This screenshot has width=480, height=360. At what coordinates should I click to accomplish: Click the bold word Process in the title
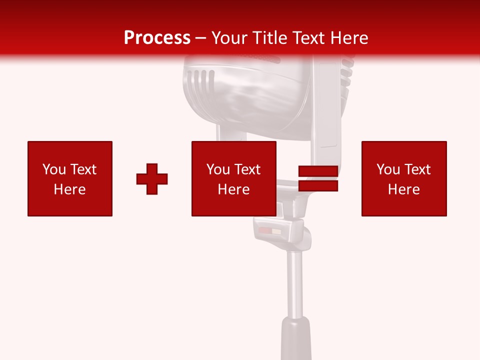coord(157,38)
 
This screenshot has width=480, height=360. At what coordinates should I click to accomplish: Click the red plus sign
coord(152,178)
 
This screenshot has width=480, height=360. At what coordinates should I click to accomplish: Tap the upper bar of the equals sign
coord(318,171)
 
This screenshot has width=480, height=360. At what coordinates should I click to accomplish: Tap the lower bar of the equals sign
coord(318,186)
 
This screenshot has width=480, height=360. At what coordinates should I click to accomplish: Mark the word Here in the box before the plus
coord(70,189)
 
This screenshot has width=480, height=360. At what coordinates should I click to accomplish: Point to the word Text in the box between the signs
coord(247,169)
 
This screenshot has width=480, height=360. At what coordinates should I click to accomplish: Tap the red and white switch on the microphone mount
coord(270,231)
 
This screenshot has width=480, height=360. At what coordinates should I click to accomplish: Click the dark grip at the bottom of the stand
coord(296,340)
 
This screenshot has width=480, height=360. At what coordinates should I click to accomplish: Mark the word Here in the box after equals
coord(404,189)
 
